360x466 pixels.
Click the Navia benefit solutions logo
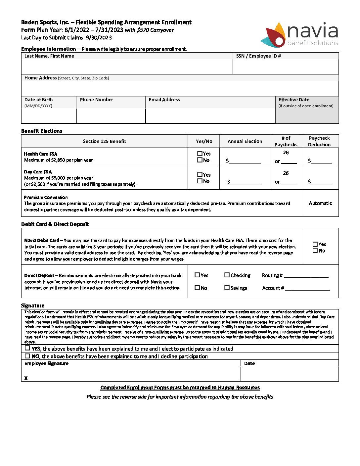pyautogui.click(x=302, y=35)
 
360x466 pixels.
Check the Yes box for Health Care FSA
pyautogui.click(x=200, y=154)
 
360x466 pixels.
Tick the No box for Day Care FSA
pyautogui.click(x=200, y=181)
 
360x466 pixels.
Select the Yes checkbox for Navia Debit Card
pyautogui.click(x=315, y=244)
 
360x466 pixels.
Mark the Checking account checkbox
pyautogui.click(x=227, y=275)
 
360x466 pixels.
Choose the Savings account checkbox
pyautogui.click(x=227, y=288)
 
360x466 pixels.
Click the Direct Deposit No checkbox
pyautogui.click(x=197, y=288)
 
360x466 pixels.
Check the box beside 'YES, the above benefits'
pyautogui.click(x=27, y=348)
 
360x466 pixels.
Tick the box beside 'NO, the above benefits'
pyautogui.click(x=27, y=356)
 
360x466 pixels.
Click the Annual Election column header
pyautogui.click(x=245, y=141)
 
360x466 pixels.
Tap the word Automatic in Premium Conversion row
pyautogui.click(x=320, y=203)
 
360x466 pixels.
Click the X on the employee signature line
pyautogui.click(x=26, y=378)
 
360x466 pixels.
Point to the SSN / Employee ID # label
pyautogui.click(x=258, y=56)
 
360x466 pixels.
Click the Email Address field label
pyautogui.click(x=164, y=100)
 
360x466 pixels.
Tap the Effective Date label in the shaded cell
pyautogui.click(x=294, y=100)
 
